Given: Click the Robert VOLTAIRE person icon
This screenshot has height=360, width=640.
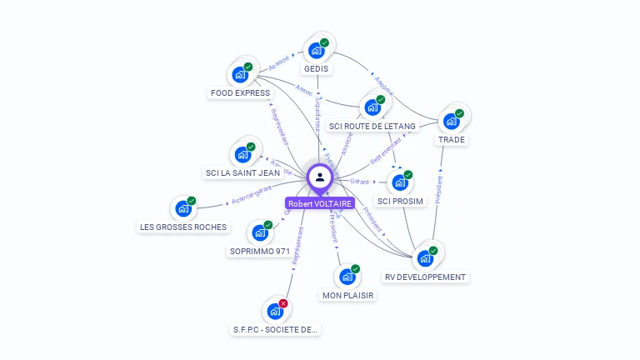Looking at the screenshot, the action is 320,177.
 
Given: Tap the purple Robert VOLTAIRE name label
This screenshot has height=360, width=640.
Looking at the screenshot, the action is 320,203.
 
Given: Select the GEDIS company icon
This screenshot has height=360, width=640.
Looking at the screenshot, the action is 316,49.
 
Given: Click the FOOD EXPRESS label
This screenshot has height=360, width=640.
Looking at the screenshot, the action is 240,92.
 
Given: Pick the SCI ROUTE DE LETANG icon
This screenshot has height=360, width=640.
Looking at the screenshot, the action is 372,107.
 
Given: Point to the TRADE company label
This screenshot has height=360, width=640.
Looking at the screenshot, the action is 452,139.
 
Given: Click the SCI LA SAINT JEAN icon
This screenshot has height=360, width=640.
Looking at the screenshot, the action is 242,154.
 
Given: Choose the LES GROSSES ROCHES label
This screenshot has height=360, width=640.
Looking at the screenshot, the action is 182,227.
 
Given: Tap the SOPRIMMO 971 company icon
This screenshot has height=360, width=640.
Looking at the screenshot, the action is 259,232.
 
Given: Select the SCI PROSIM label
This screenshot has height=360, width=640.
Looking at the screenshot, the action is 400,201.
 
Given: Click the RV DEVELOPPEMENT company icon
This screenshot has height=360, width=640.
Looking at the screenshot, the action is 425,257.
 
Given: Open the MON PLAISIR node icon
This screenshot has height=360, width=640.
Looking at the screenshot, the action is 347,276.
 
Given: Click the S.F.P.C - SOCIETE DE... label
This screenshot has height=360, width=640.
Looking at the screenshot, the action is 275,329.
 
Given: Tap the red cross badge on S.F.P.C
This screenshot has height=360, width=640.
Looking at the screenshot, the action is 283,303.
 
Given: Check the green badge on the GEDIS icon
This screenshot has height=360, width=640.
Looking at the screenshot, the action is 324,42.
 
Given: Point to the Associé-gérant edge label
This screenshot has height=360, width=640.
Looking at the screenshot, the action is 251,197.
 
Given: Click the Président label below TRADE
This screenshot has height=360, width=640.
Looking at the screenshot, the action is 438,190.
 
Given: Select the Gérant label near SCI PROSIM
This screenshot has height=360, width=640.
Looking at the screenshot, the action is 360,180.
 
